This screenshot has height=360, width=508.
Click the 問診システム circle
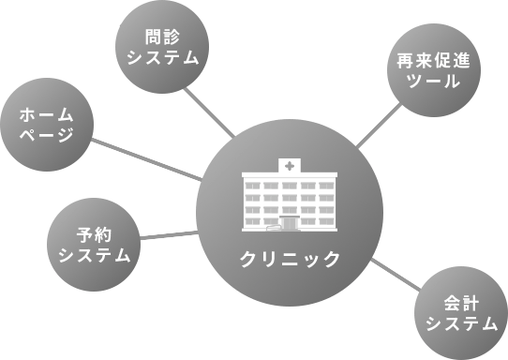[x=161, y=47]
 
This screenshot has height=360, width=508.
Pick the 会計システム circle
[x=460, y=313]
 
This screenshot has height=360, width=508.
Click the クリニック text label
[x=290, y=259]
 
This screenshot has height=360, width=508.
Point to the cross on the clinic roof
[x=290, y=166]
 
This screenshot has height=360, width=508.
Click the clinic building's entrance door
[x=288, y=224]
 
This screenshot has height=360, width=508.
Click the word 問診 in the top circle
[x=161, y=37]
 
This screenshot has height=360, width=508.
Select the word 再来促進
[x=434, y=62]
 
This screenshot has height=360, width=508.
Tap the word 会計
[x=460, y=304]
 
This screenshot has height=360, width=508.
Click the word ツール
[x=434, y=82]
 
